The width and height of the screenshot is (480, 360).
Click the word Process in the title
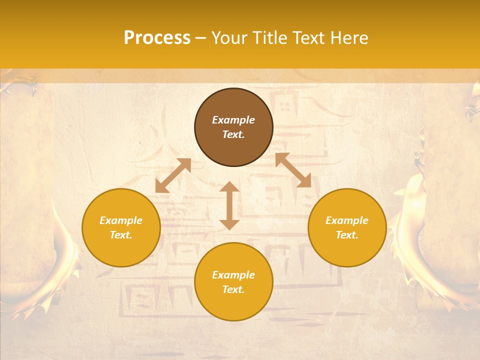157,38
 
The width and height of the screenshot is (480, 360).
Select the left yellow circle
121,250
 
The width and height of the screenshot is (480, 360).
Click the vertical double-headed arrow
229,205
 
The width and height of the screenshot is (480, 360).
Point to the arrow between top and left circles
173,175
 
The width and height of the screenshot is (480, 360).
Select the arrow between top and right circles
293,170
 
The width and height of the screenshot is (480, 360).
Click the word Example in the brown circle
233,120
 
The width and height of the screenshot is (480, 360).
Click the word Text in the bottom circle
233,289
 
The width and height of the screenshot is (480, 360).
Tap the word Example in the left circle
121,220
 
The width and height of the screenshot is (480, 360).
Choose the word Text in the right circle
347,235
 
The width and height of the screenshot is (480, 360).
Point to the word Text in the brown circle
233,134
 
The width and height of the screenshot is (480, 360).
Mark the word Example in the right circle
347,220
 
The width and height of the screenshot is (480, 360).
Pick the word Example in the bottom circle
233,275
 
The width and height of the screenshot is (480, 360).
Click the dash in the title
200,38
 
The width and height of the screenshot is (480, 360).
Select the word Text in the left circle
121,235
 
